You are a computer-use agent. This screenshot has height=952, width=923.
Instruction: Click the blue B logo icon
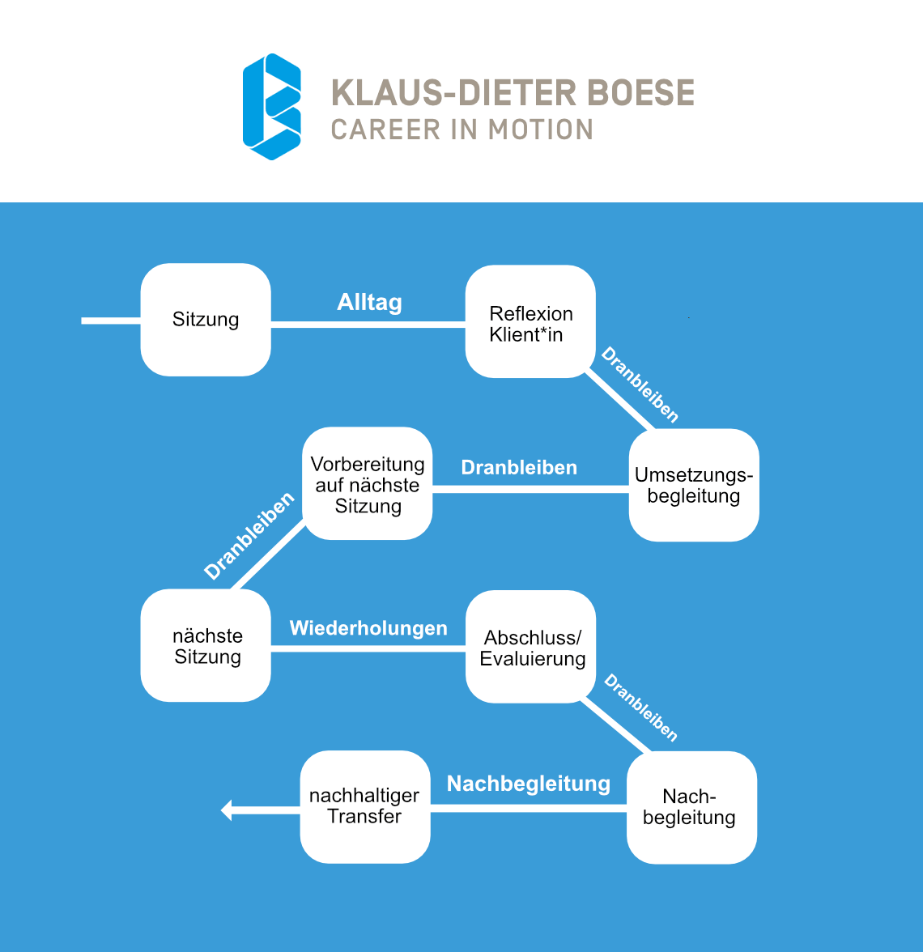coord(272,106)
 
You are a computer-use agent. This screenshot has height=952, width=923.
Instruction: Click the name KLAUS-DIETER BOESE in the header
coord(513,93)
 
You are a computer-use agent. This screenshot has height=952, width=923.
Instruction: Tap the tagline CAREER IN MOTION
coord(462,130)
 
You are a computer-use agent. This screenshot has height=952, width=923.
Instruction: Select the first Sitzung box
coord(206,320)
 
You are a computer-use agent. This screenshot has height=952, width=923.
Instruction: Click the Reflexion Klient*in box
coord(530,321)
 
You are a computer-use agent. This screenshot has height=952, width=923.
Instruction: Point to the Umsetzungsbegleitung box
coord(694,485)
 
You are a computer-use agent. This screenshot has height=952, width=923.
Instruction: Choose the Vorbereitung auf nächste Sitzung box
coord(368,484)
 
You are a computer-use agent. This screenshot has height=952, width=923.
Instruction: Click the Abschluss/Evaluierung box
coord(531,647)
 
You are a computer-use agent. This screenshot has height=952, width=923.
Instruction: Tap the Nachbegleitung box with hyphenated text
coord(691,807)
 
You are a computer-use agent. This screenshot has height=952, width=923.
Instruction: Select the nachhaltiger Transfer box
coord(365,806)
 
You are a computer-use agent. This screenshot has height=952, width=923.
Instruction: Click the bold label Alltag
coord(369,303)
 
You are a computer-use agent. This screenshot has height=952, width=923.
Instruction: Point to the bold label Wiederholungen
coord(368,628)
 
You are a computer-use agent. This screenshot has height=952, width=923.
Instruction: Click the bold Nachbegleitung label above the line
coord(529,784)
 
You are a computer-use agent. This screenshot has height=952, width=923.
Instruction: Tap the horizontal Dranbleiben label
coord(519,468)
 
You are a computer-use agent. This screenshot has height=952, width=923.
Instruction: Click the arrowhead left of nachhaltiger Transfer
coord(227,810)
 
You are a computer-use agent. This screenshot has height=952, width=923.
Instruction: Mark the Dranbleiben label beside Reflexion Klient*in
coord(640,385)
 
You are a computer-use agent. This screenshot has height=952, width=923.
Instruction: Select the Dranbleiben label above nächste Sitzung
coord(249,536)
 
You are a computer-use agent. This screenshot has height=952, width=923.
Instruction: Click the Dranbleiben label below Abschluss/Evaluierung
coord(641,708)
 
